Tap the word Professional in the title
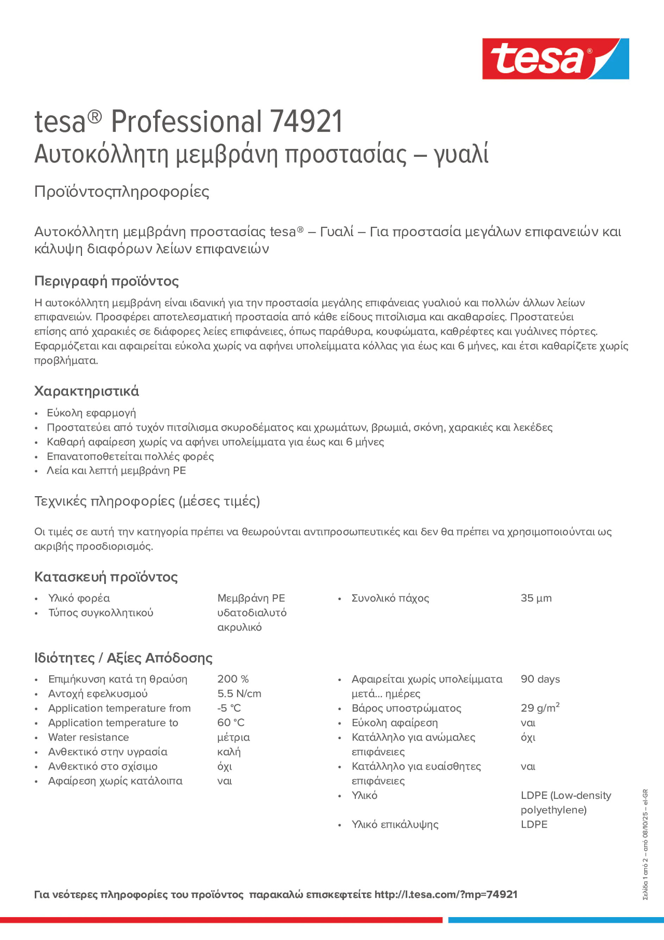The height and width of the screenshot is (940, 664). pyautogui.click(x=186, y=122)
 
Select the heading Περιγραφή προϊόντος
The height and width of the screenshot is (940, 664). pyautogui.click(x=106, y=281)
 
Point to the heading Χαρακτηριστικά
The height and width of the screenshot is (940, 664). pyautogui.click(x=86, y=391)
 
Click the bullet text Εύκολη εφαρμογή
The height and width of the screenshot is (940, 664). pyautogui.click(x=91, y=413)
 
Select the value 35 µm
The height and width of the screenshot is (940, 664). pyautogui.click(x=536, y=598)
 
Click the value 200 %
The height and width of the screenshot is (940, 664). pyautogui.click(x=233, y=679)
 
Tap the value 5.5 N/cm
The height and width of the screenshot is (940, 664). pyautogui.click(x=239, y=694)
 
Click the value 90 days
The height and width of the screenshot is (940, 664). pyautogui.click(x=540, y=679)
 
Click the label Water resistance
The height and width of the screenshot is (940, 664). pyautogui.click(x=88, y=737)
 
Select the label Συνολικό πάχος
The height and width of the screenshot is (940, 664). pyautogui.click(x=390, y=598)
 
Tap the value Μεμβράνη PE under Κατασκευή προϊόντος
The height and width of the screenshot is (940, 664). pyautogui.click(x=251, y=598)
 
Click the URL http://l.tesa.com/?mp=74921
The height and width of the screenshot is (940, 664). pyautogui.click(x=446, y=895)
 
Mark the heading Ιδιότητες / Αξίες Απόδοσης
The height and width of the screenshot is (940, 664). pyautogui.click(x=123, y=657)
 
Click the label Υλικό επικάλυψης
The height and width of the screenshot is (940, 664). pyautogui.click(x=394, y=824)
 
